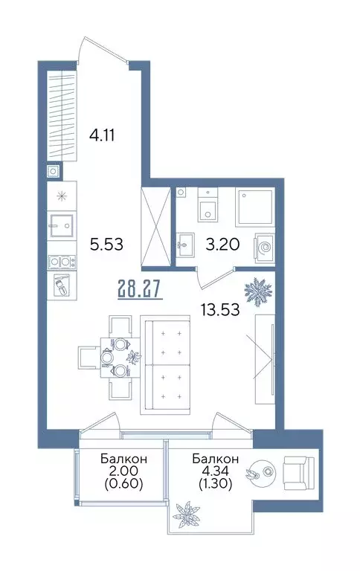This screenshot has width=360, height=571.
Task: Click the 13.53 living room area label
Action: pyautogui.click(x=219, y=310)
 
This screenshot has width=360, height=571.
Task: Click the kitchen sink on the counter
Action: pyautogui.click(x=61, y=225)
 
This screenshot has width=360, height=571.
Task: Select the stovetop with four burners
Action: pyautogui.click(x=60, y=262)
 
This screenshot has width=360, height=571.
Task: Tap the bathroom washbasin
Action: pyautogui.click(x=185, y=245)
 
